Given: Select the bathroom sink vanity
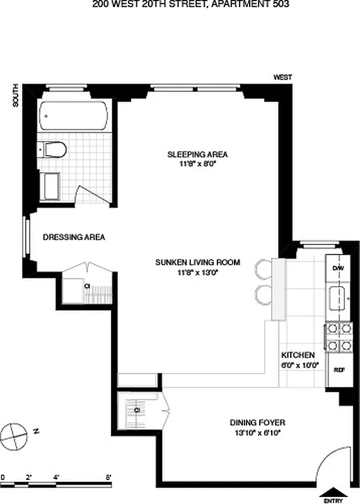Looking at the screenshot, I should pos(50,186).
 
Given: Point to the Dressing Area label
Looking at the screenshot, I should pos(74,238).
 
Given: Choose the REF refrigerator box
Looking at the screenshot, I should pos(337,370).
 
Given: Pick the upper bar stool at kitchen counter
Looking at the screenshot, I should pos(264,270).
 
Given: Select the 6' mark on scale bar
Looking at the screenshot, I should pos(108,477).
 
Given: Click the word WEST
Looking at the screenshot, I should pos(282,77).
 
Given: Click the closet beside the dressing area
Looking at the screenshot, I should pos(88,287).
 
